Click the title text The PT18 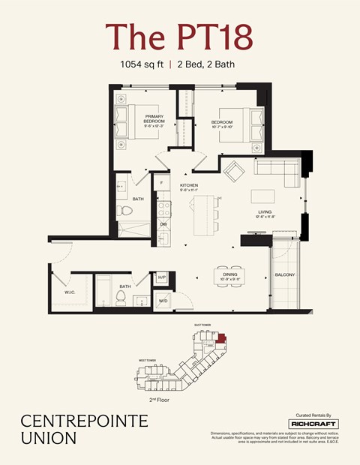point(179,36)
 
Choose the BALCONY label point(285,275)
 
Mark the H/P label point(160,277)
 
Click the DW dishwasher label point(163,223)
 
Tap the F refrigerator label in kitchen point(162,183)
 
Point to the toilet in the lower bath point(119,298)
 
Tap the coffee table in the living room point(262,196)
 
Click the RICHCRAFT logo point(313,424)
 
